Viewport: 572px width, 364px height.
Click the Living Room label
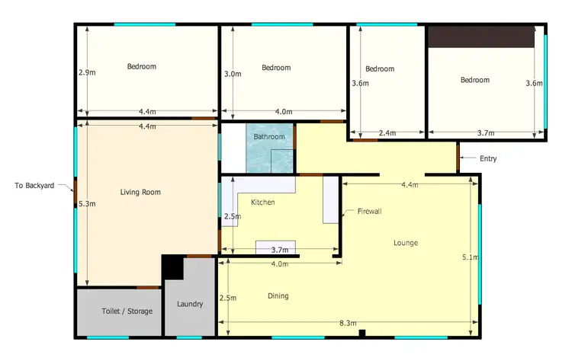[x=140, y=192]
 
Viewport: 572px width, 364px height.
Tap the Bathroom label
[x=269, y=137]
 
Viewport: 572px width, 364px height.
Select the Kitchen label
[x=263, y=203]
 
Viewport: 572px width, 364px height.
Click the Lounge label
[x=405, y=243]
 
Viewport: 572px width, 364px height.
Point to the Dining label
[x=278, y=295]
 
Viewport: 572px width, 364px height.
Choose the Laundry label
[x=190, y=304]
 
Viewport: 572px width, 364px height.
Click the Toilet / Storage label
[x=127, y=311]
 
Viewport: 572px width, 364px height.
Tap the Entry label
[x=488, y=158]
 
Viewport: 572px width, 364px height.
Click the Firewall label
[x=369, y=211]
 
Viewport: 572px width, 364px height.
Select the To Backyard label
[x=34, y=185]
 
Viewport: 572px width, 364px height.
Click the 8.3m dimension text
[x=348, y=324]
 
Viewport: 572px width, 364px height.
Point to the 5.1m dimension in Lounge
[x=470, y=257]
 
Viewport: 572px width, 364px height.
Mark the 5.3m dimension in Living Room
[x=87, y=204]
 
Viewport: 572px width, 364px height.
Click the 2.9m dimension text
[x=87, y=73]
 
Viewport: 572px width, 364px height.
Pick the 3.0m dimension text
[x=233, y=74]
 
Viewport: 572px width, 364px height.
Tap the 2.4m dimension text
[x=387, y=133]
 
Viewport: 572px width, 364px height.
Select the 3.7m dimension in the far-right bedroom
[x=485, y=133]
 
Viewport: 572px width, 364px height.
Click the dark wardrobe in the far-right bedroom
[x=480, y=37]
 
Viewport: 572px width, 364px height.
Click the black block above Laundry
[x=173, y=267]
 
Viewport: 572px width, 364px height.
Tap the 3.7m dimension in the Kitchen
[x=279, y=250]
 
